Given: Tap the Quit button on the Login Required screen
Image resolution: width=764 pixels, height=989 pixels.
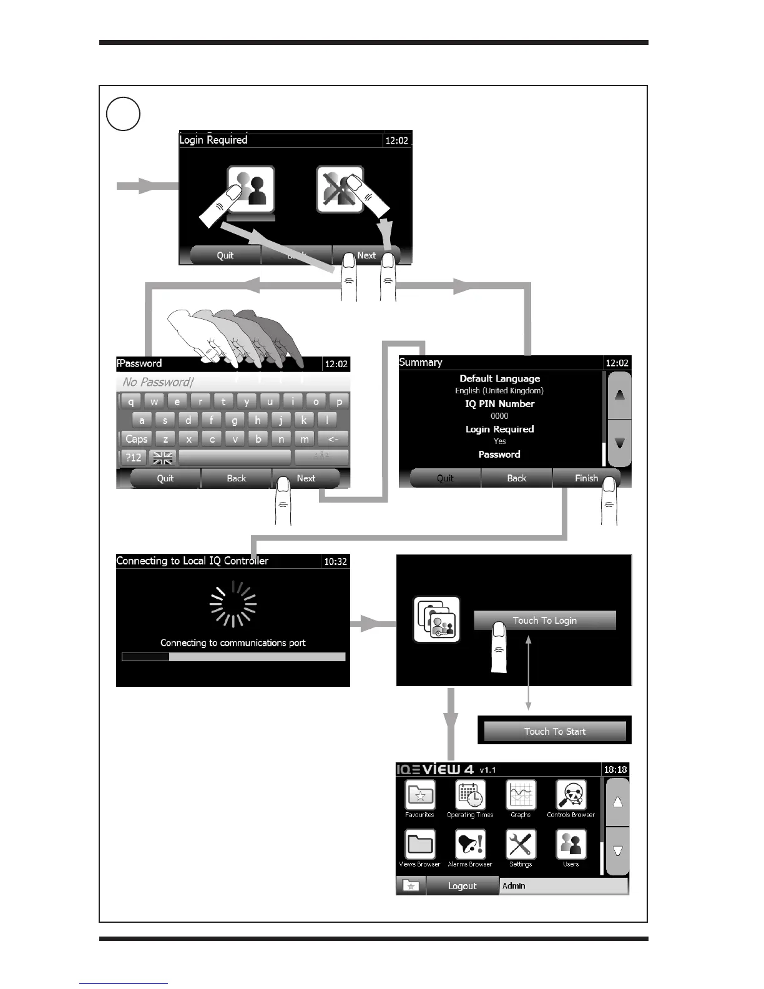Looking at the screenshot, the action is pos(225,255).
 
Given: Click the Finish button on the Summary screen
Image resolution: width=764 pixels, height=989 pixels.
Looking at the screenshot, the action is pos(586,478).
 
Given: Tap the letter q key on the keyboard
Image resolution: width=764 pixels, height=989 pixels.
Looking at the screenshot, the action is pos(131,401).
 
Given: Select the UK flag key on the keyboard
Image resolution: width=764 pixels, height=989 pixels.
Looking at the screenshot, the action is pos(163,458).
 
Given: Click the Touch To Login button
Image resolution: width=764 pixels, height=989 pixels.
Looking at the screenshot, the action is pos(544,620).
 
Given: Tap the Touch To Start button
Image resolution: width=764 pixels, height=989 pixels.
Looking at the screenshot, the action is pos(555,731).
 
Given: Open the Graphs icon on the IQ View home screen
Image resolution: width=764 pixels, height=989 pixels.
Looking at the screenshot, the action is pos(521,796).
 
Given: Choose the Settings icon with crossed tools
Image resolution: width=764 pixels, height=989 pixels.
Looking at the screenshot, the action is pos(521,845).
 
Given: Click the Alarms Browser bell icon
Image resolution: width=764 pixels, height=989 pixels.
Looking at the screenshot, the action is pos(470,845).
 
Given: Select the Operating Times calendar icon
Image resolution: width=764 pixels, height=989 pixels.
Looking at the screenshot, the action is pos(470,796).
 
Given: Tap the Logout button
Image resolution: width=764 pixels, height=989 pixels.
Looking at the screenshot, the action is pos(462,886).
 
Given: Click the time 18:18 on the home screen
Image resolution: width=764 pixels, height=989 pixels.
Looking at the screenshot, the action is pos(615,770).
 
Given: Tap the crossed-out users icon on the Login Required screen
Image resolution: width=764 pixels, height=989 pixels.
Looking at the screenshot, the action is pos(339,189).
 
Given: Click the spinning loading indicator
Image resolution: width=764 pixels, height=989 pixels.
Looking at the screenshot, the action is pos(233,604).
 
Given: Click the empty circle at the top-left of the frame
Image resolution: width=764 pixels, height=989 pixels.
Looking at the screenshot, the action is pos(123,114).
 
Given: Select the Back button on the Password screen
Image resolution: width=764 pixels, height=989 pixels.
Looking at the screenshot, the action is pos(236,478).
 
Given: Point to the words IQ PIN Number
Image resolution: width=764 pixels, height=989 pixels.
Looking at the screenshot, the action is pos(499,404).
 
